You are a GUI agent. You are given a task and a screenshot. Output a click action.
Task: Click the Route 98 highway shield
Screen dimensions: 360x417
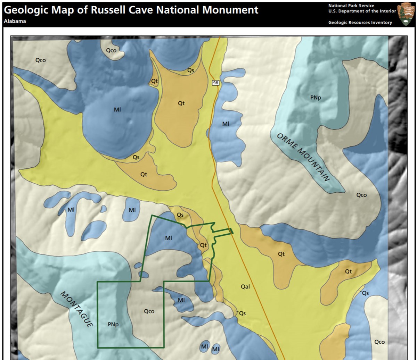coord(216,83)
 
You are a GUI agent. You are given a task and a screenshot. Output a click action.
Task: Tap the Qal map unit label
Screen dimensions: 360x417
coord(245,287)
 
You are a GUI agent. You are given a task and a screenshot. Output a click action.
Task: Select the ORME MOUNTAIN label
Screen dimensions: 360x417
coord(303,157)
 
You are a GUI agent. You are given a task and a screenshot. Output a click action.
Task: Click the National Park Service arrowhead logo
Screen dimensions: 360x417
coord(406,14)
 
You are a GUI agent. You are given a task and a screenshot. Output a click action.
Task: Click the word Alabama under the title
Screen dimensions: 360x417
coord(15,21)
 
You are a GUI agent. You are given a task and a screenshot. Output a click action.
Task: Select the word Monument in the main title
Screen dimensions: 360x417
coord(230,10)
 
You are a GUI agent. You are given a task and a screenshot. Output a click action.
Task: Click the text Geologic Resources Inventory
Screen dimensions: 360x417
coord(360,23)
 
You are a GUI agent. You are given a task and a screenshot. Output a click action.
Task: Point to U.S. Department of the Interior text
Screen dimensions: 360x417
coord(362,11)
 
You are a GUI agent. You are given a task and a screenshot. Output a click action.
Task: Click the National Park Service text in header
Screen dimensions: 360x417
coord(351,6)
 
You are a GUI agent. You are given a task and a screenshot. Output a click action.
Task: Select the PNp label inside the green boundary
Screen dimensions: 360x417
coord(113,325)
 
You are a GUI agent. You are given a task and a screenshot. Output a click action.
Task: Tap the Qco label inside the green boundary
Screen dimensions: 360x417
coord(149,311)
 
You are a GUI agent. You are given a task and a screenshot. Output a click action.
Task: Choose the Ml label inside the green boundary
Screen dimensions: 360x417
coord(169,238)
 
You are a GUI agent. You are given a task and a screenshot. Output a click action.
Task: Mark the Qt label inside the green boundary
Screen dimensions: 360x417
coord(203,245)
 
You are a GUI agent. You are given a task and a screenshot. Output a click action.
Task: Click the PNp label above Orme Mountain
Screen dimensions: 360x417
coord(316,98)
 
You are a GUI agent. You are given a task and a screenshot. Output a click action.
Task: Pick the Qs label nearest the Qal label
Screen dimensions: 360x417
coord(242,313)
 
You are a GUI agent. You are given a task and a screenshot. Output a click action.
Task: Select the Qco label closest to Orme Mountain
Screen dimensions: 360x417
coord(361,195)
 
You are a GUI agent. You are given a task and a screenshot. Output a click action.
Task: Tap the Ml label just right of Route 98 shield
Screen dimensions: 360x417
coord(226,124)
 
